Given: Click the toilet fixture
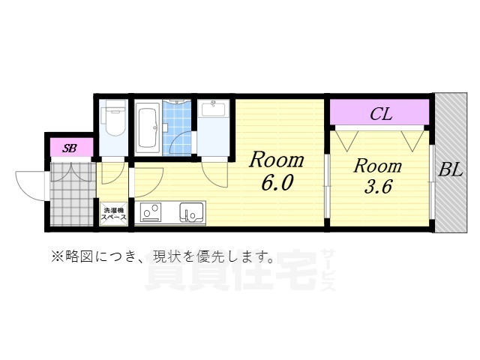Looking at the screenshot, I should tap(115, 121).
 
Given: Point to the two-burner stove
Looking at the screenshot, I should tap(151, 214).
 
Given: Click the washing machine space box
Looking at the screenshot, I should tap(114, 213).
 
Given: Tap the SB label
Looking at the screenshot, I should tap(70, 148).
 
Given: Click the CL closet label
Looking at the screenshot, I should tap(381, 115).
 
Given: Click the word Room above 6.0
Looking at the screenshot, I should tap(277, 160).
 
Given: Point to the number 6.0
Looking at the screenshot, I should tap(276, 183).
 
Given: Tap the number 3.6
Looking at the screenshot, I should tap(378, 187).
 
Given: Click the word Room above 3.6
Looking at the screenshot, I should tap(378, 166).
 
